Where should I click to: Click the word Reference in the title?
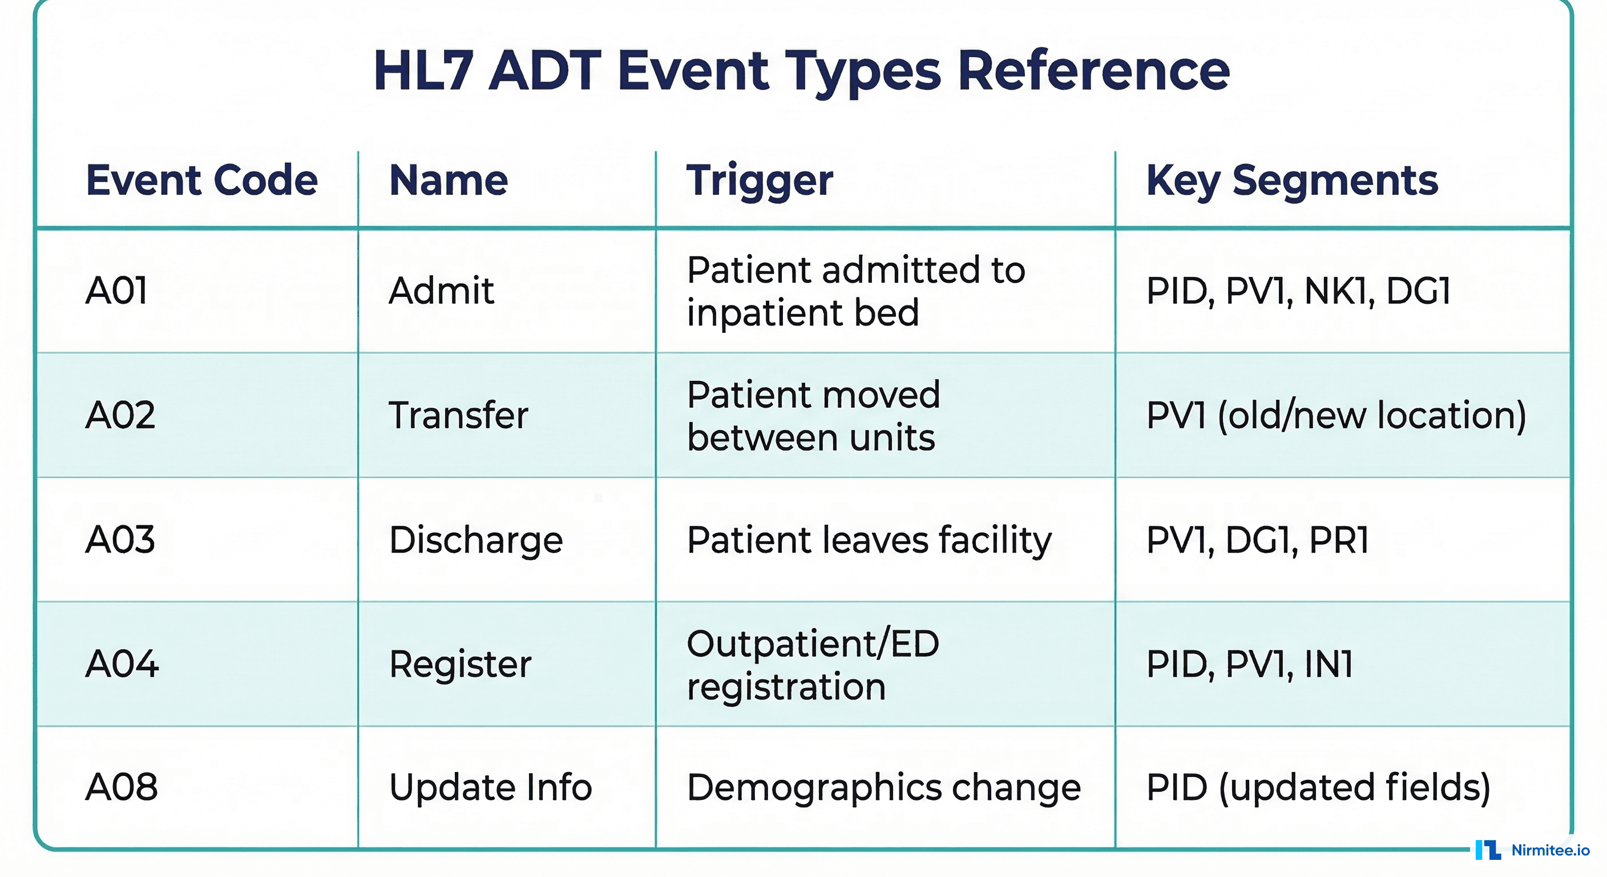click(1093, 71)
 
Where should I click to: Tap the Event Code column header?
click(201, 180)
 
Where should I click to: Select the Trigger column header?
click(759, 180)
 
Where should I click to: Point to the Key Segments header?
click(1291, 180)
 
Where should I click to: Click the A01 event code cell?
click(116, 291)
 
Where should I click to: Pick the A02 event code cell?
click(120, 415)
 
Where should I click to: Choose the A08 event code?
click(121, 787)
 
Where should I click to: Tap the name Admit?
click(441, 291)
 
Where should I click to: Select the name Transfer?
click(458, 415)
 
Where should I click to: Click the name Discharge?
click(475, 540)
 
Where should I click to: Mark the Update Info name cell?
click(490, 787)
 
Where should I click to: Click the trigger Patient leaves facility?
click(869, 540)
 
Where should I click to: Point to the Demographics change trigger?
click(883, 787)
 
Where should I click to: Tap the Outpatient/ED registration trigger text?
click(812, 665)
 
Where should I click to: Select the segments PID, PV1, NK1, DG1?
click(1298, 291)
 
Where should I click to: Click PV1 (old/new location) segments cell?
click(1335, 415)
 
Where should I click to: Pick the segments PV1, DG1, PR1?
click(1257, 540)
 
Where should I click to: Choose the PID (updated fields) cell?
click(1318, 787)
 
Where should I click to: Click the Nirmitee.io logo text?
click(1549, 850)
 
